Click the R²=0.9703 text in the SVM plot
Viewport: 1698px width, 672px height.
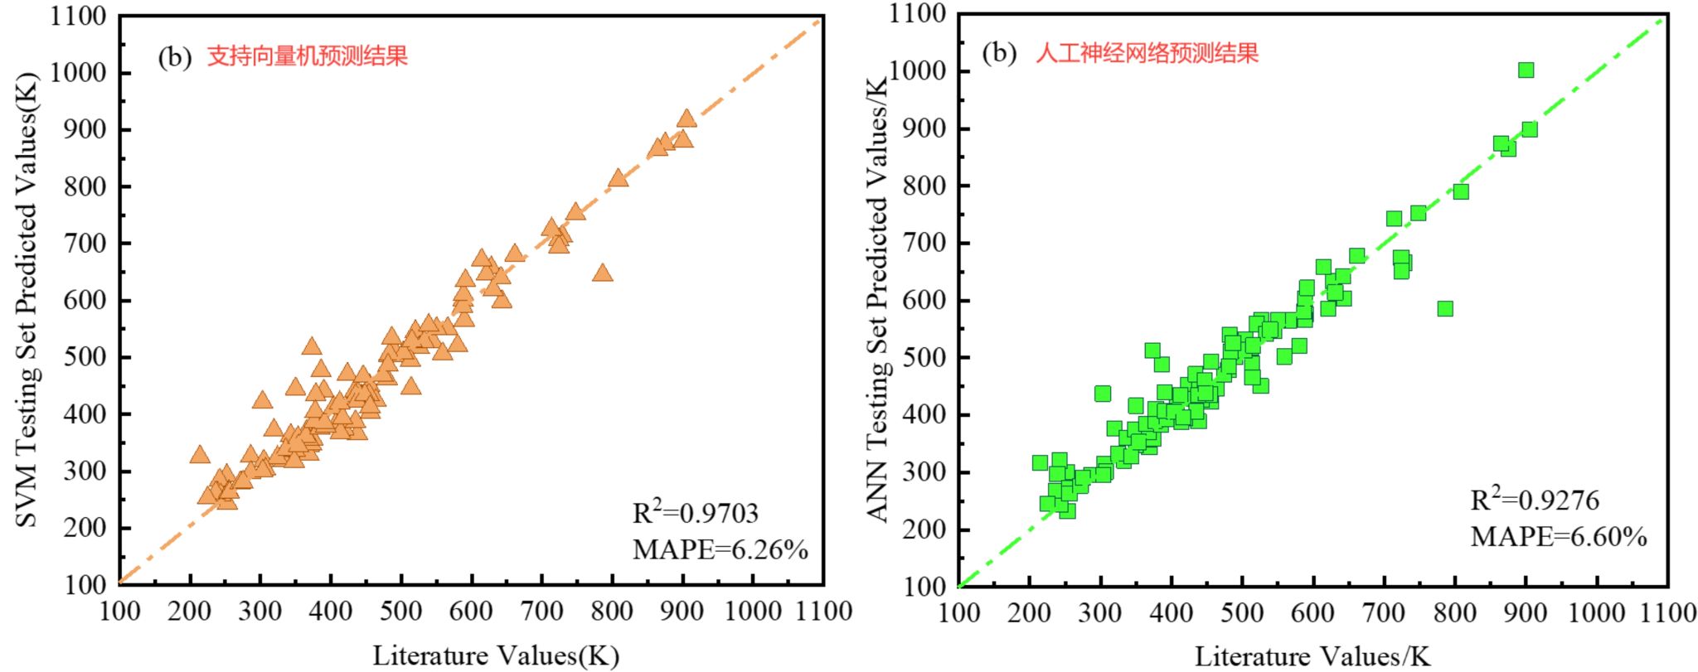[695, 513]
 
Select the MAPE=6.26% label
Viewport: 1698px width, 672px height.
[720, 549]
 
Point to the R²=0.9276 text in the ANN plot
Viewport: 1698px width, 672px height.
[1534, 500]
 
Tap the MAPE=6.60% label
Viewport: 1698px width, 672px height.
[1558, 536]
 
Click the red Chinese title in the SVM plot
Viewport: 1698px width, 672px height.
[307, 56]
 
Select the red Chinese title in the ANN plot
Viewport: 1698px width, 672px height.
[1147, 53]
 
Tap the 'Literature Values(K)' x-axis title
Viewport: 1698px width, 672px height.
[495, 655]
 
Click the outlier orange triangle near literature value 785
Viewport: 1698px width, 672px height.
[603, 273]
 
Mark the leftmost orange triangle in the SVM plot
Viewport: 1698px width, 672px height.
[199, 454]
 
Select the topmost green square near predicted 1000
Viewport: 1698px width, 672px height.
[1526, 70]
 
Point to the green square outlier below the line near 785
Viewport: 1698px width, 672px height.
[1445, 308]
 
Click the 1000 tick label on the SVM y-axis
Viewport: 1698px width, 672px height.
[78, 73]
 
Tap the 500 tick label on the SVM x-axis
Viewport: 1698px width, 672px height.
[401, 612]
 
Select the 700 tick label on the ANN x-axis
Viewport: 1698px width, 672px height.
[1384, 613]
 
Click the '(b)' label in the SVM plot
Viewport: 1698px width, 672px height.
[174, 56]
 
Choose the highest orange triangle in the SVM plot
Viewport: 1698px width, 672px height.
[686, 118]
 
